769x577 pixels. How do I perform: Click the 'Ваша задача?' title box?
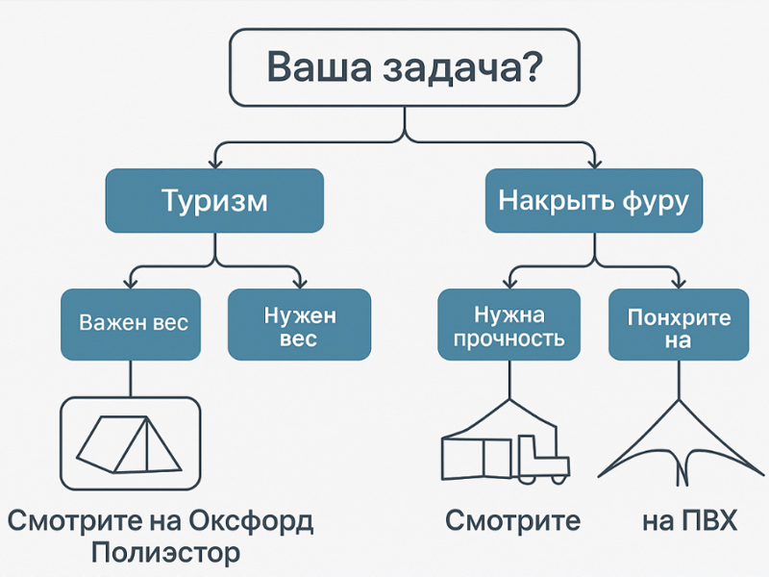404,67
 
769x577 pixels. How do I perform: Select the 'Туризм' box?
214,201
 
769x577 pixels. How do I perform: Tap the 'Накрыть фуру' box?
593,201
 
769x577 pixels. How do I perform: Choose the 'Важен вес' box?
132,322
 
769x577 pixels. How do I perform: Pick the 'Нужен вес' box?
299,326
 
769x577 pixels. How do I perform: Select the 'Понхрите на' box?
678,326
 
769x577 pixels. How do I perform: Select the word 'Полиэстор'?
164,555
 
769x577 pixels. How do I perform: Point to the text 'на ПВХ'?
689,522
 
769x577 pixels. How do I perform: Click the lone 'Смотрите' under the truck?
512,522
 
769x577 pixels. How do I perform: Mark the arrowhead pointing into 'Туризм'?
214,164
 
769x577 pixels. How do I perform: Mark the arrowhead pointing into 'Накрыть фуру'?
593,164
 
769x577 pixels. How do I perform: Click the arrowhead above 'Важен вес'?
132,284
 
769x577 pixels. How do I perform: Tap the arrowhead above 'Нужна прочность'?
509,284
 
